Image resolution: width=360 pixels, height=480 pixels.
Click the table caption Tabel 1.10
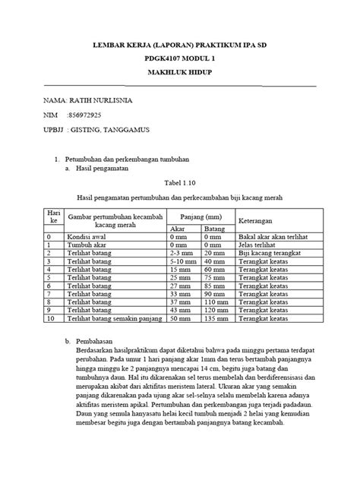179,183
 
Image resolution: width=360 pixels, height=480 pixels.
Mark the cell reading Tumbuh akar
88,245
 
